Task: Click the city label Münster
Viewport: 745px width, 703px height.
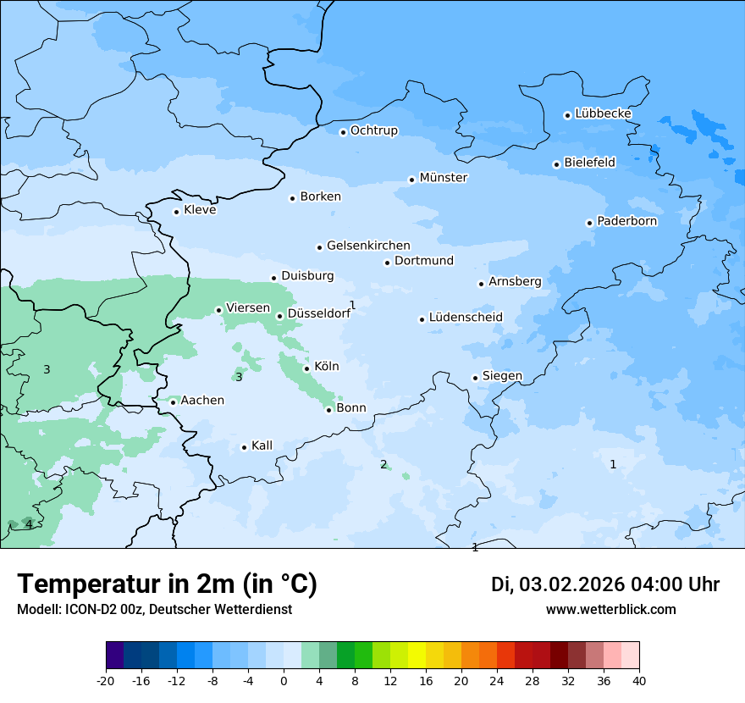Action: point(444,178)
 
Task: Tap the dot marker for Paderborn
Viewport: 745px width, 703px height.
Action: point(589,223)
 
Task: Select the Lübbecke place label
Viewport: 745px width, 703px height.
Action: point(604,113)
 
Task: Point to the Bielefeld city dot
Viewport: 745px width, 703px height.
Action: point(556,164)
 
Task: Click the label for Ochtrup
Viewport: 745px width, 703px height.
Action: point(374,130)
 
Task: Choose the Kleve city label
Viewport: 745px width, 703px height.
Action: point(201,210)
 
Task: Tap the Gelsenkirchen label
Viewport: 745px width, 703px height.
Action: point(368,246)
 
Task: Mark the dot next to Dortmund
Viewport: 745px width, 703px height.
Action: point(387,263)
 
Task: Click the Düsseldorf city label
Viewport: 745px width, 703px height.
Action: point(319,313)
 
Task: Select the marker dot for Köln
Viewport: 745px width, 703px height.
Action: point(306,368)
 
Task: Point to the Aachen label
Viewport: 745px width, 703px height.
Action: point(202,401)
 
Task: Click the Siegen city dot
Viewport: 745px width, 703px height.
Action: point(475,379)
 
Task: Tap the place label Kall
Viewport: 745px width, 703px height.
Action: point(262,446)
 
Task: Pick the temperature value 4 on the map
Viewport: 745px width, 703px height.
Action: point(29,525)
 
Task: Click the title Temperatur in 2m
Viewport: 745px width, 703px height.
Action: point(167,584)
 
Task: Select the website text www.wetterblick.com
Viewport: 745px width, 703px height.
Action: point(610,610)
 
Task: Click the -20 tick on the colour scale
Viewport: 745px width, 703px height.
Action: point(106,680)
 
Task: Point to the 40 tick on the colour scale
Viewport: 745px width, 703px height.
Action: point(639,680)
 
